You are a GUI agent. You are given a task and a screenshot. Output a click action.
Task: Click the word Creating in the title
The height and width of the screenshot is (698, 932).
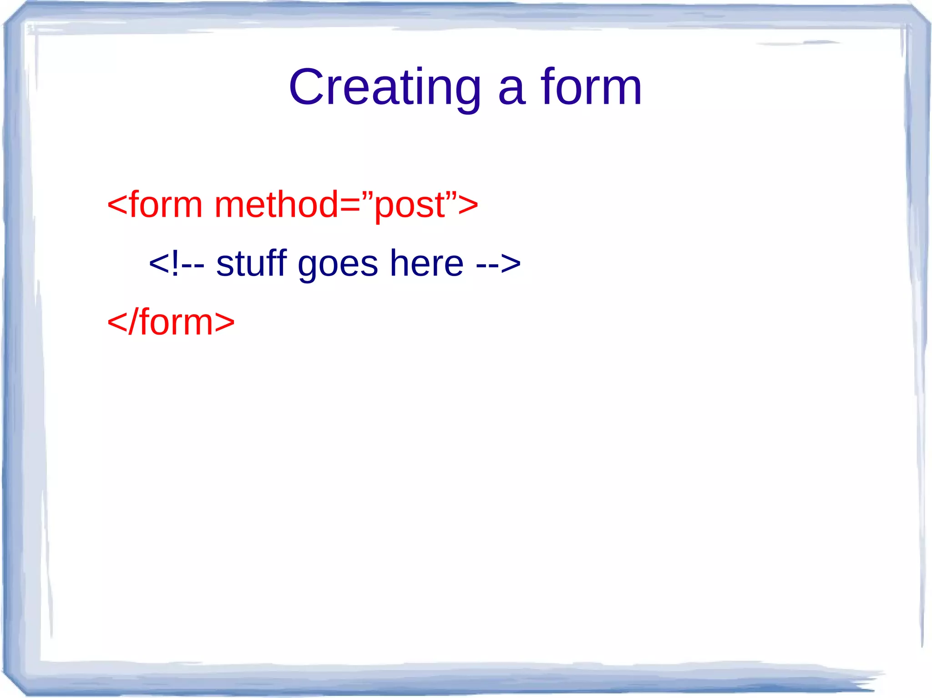(x=385, y=87)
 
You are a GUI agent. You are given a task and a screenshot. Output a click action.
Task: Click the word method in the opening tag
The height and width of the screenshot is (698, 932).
(x=276, y=205)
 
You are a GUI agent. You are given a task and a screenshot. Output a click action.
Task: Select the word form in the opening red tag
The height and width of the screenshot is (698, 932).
(x=166, y=205)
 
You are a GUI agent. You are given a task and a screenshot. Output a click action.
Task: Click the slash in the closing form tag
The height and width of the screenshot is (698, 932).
(x=132, y=321)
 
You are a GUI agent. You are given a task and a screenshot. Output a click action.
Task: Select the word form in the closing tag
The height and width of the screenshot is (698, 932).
(x=175, y=321)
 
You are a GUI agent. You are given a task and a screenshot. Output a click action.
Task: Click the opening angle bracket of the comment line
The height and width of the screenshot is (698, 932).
(x=159, y=264)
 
